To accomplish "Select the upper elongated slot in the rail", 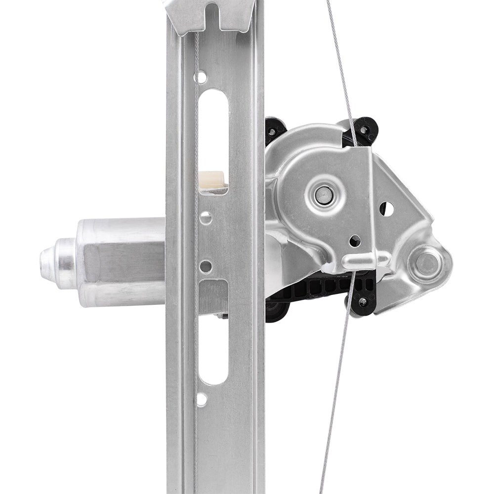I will [213, 133].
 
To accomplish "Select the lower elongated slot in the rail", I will [213, 348].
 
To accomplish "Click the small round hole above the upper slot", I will [201, 77].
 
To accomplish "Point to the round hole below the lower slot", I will [202, 399].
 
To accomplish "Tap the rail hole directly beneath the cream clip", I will [206, 217].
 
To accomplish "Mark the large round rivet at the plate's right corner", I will [426, 264].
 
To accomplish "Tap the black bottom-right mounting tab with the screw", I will [363, 301].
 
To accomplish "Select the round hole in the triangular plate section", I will [386, 209].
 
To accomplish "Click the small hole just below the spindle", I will [355, 241].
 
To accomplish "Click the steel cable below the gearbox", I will [336, 395].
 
